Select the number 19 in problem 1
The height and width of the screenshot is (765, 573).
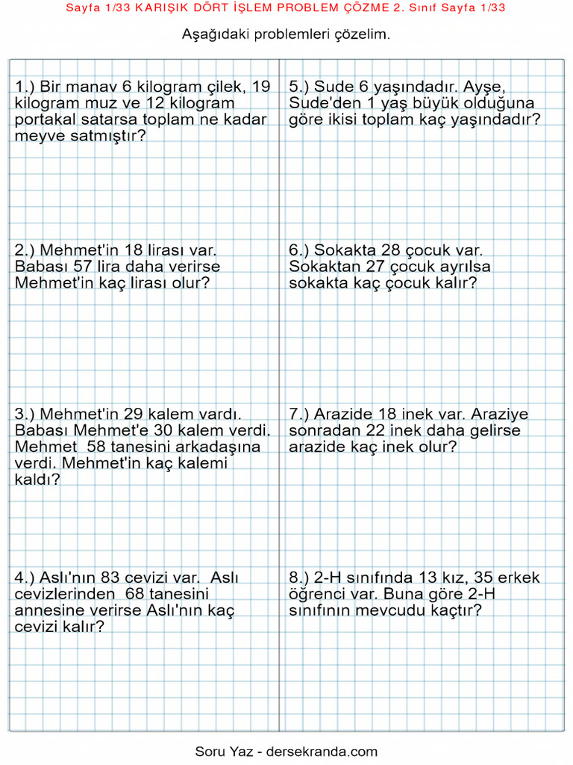(x=261, y=87)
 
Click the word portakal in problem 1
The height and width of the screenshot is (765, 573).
(x=44, y=120)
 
